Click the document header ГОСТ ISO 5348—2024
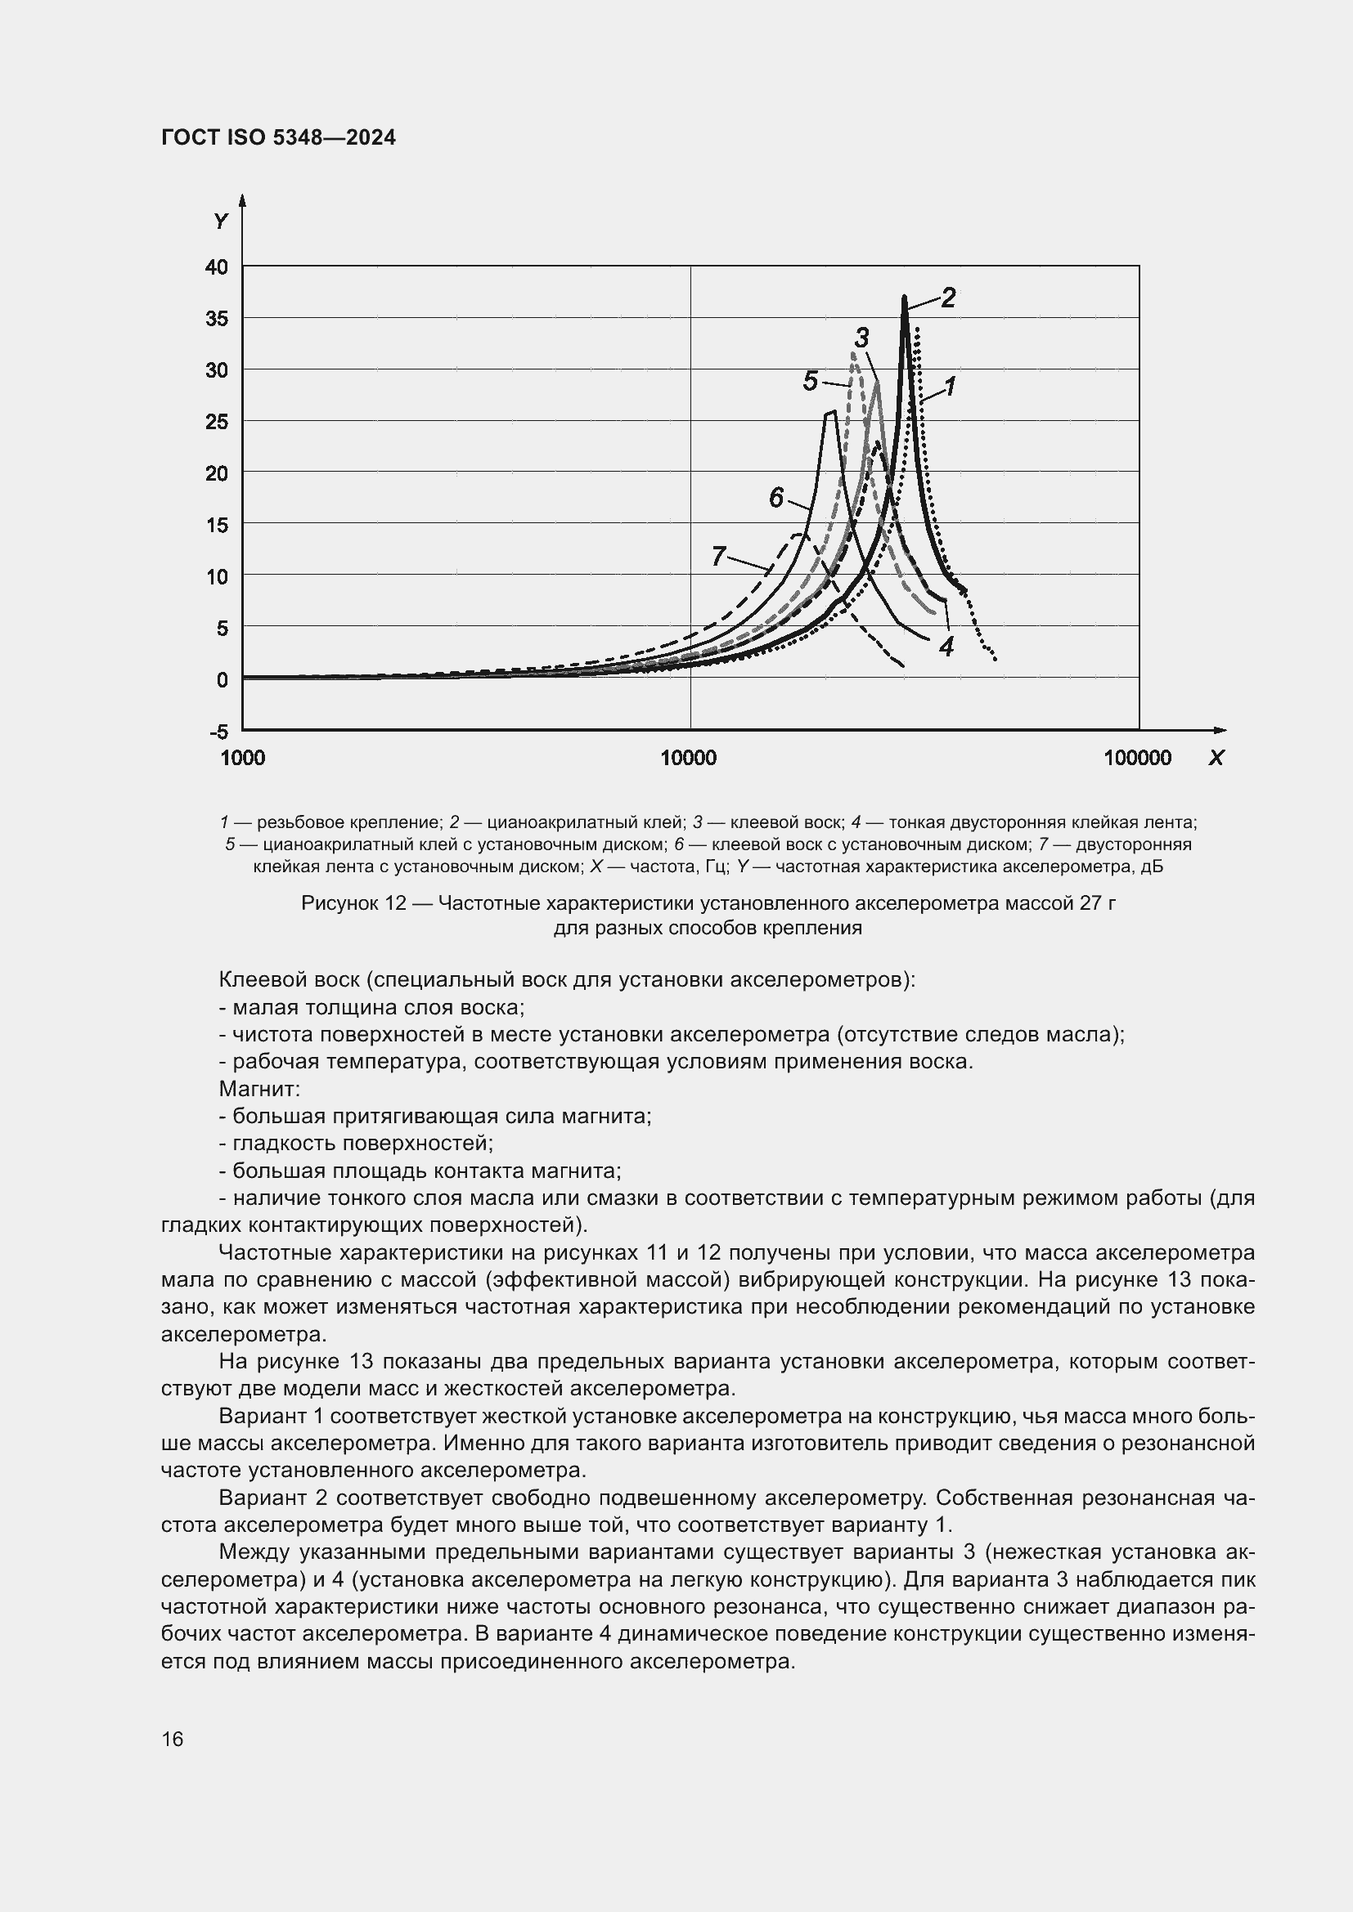278,137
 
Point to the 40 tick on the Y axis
217,267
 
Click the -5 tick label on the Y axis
218,732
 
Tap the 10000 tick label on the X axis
688,758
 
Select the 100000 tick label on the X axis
1137,758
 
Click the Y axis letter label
221,222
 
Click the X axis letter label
1216,758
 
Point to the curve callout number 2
948,298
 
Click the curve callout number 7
719,555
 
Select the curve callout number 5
810,382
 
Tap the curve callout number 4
946,647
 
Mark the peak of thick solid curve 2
904,298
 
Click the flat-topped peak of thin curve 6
829,412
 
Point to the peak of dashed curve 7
801,534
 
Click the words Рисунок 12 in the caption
353,903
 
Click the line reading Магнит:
259,1089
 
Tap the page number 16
173,1740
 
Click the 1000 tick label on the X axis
242,758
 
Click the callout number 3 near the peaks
862,338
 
